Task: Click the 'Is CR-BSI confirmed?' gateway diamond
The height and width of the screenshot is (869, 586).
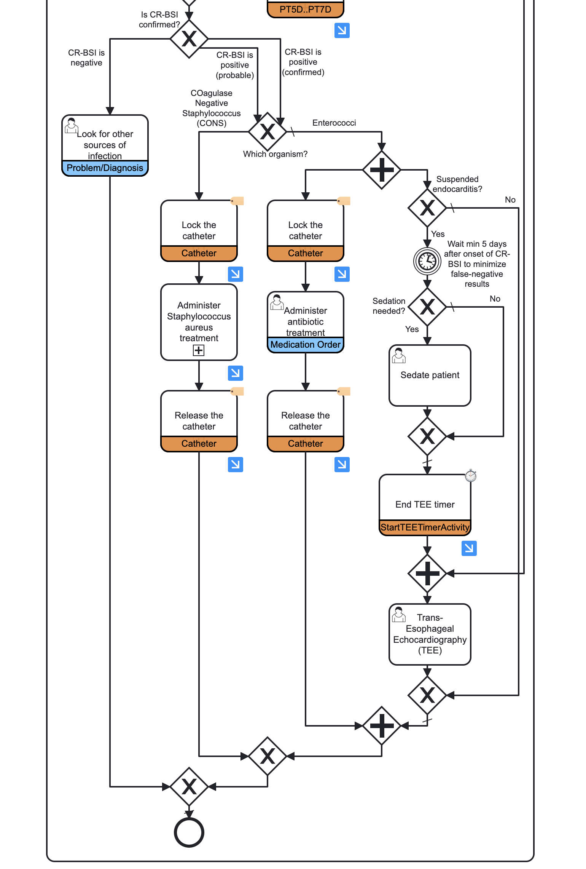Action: pyautogui.click(x=189, y=39)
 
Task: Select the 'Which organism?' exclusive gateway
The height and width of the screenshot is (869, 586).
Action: pyautogui.click(x=268, y=132)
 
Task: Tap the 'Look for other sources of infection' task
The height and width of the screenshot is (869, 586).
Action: pyautogui.click(x=105, y=141)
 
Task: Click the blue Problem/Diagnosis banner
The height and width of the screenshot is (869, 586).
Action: pyautogui.click(x=105, y=168)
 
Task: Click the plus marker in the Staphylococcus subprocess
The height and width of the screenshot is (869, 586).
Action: pyautogui.click(x=199, y=350)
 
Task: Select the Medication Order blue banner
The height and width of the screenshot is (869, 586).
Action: pyautogui.click(x=305, y=345)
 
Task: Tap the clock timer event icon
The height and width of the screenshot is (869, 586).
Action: pyautogui.click(x=427, y=261)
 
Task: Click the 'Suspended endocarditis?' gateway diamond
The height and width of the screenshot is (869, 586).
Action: pyautogui.click(x=427, y=208)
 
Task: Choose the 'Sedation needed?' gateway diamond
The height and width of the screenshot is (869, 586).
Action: pyautogui.click(x=427, y=307)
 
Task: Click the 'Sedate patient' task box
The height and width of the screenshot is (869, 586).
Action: pyautogui.click(x=430, y=375)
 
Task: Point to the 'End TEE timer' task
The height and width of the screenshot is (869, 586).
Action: pyautogui.click(x=425, y=499)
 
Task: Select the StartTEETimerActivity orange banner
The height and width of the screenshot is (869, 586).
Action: pyautogui.click(x=425, y=527)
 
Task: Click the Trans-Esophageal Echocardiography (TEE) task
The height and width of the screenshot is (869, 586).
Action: pyautogui.click(x=430, y=634)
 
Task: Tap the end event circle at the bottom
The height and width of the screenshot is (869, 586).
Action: pyautogui.click(x=189, y=832)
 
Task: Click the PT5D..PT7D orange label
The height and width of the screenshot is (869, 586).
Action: pyautogui.click(x=305, y=10)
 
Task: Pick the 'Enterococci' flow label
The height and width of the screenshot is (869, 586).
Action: pyautogui.click(x=334, y=123)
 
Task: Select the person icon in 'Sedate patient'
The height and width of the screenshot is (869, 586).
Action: pyautogui.click(x=399, y=355)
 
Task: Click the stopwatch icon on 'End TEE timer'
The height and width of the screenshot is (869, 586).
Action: pyautogui.click(x=471, y=476)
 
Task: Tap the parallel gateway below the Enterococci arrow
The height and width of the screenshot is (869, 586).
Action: pyautogui.click(x=381, y=170)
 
